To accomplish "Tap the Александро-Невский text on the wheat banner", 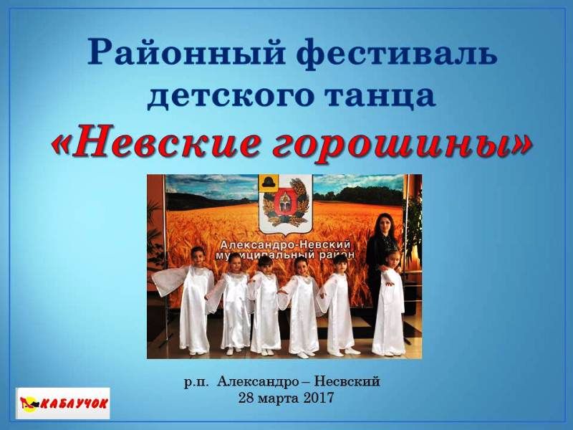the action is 285,244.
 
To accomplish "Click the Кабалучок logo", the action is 63,403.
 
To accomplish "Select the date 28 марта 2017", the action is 286,397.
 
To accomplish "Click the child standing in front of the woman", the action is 391,302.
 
